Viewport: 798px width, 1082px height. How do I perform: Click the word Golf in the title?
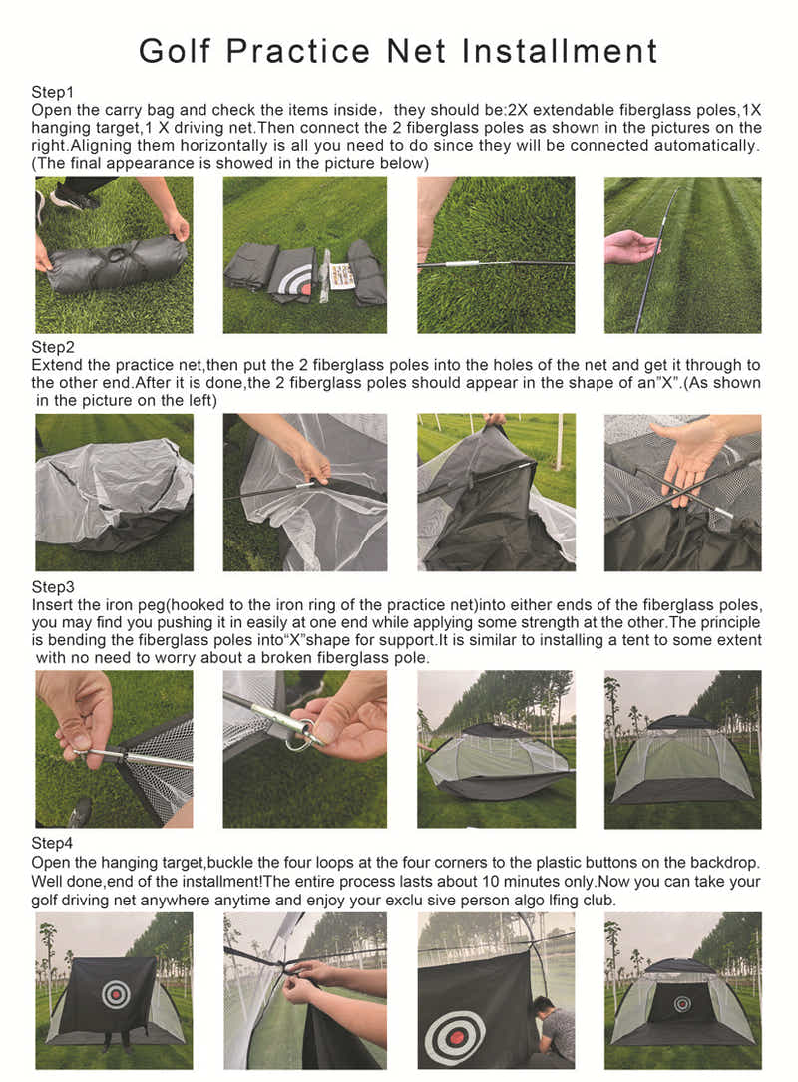point(179,50)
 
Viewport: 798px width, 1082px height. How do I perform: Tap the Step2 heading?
point(52,347)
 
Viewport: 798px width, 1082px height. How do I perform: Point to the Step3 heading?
point(52,586)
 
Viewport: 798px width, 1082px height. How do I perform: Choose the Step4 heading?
point(52,844)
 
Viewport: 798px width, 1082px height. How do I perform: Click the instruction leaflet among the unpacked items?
point(342,275)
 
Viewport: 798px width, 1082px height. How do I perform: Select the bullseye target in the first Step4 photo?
point(116,993)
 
